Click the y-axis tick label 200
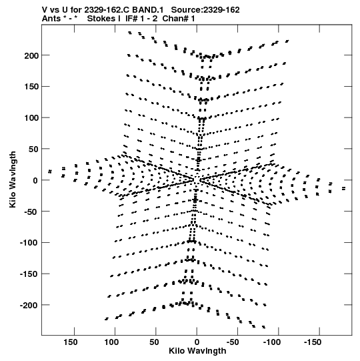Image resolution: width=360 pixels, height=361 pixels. (x=31, y=55)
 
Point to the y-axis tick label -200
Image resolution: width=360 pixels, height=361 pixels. (x=29, y=306)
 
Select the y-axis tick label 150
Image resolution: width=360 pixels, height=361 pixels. (x=31, y=87)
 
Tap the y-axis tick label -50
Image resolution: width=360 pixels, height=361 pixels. (x=31, y=212)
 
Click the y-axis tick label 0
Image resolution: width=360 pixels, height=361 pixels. (x=35, y=180)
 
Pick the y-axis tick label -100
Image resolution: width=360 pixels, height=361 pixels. (x=29, y=243)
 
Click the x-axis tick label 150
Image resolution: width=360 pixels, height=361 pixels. (x=71, y=342)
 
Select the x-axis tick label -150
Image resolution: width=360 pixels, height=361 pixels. (x=313, y=342)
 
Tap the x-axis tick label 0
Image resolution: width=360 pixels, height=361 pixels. (x=197, y=342)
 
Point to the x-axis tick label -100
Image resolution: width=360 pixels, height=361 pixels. (x=272, y=342)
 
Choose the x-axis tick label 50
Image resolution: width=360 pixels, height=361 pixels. (x=154, y=342)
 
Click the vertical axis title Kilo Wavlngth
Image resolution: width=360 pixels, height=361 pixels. (x=13, y=179)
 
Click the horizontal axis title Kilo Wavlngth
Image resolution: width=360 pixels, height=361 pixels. (x=197, y=351)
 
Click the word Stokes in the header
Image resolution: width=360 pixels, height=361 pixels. (x=101, y=19)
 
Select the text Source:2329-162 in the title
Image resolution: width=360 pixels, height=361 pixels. (x=205, y=10)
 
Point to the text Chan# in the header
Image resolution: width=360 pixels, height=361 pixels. (x=175, y=19)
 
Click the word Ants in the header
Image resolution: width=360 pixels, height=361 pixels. (x=51, y=19)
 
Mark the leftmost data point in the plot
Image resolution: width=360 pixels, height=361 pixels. (x=50, y=171)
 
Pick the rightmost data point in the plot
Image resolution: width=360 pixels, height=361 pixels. (x=344, y=188)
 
